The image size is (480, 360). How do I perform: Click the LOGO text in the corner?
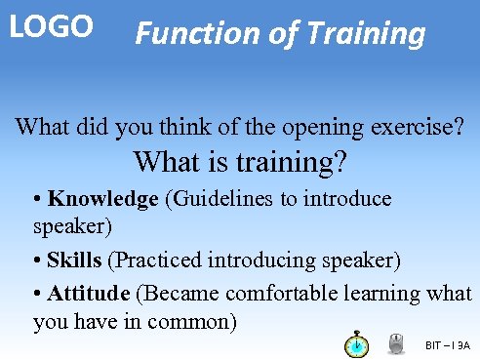coord(51,26)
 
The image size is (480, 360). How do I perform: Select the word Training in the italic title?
coord(367,35)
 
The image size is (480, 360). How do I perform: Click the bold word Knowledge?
coord(103,199)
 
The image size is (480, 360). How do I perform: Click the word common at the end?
coord(195,321)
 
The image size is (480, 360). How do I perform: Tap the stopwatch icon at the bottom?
coord(357,344)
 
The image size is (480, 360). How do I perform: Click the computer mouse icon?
coord(396,344)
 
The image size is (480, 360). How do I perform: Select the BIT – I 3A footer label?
coord(448,345)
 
